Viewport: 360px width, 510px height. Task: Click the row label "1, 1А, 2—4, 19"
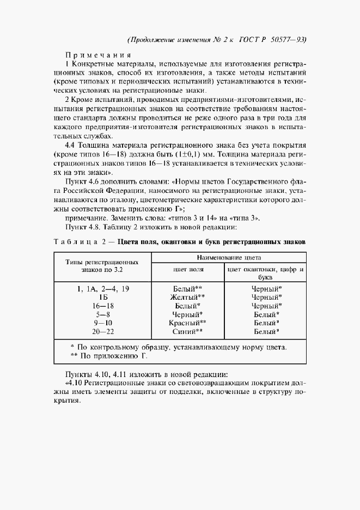click(x=103, y=288)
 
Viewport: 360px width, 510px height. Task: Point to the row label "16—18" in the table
click(x=103, y=306)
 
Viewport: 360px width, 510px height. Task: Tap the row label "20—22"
click(x=103, y=331)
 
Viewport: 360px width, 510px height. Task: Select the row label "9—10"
click(x=103, y=323)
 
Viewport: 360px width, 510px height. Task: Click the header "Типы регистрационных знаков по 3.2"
click(x=103, y=265)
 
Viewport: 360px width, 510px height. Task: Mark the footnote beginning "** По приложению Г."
click(x=109, y=356)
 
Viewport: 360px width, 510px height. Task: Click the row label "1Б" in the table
click(x=103, y=297)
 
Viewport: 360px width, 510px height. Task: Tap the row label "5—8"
click(x=103, y=314)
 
